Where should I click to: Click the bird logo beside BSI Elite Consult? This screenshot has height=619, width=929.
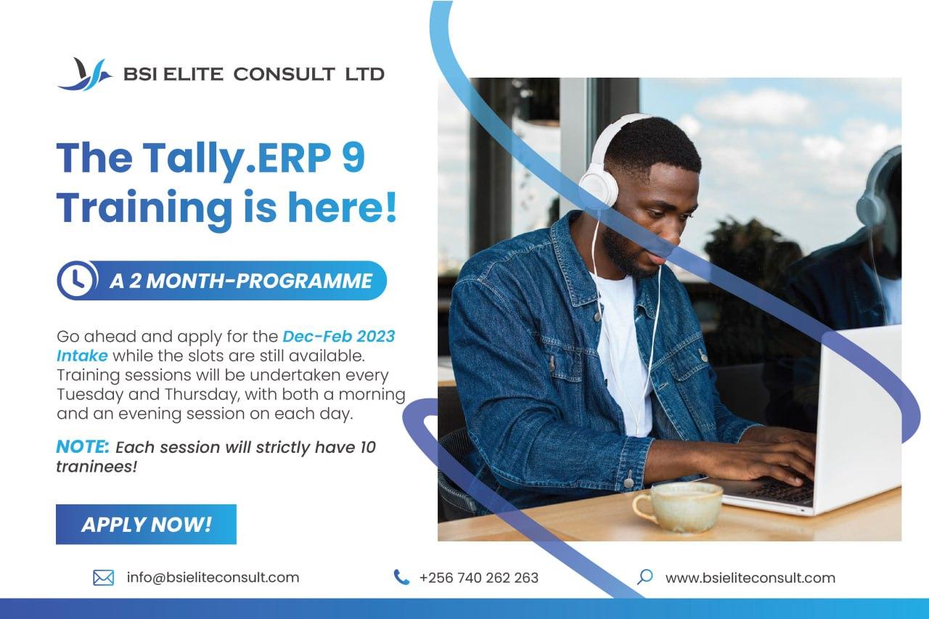click(85, 74)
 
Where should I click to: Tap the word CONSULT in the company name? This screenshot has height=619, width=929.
click(284, 74)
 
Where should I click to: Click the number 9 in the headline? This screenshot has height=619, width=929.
click(353, 158)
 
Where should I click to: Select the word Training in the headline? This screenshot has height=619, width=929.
click(144, 208)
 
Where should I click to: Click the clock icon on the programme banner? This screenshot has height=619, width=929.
click(77, 280)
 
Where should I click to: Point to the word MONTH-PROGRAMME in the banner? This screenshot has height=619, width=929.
click(259, 281)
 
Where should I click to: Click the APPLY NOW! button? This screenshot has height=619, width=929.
click(146, 525)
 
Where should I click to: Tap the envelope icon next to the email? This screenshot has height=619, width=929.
click(104, 578)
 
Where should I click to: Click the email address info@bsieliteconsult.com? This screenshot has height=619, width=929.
click(213, 578)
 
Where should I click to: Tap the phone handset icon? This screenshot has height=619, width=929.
click(401, 577)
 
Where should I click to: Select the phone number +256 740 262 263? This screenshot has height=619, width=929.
click(479, 578)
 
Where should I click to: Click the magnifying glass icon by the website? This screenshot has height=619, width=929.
click(645, 577)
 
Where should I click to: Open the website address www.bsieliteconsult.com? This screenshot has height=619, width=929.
click(750, 578)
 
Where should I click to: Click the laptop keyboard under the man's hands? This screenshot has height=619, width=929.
click(779, 491)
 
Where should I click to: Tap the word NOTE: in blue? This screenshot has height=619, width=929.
click(83, 447)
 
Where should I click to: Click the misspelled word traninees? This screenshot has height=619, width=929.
click(97, 467)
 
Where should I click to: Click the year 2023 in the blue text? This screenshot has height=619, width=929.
click(375, 336)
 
